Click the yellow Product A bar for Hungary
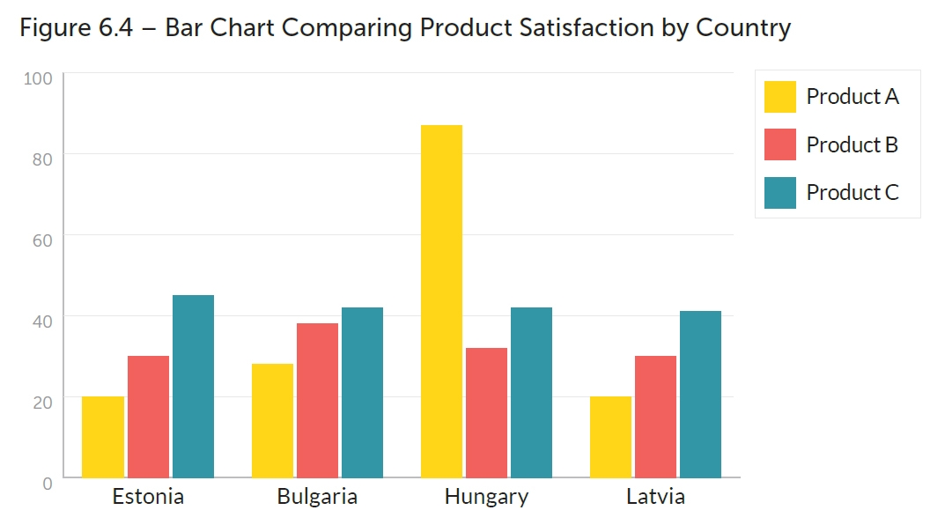[441, 301]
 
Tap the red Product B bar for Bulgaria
[317, 400]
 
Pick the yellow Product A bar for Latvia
[610, 437]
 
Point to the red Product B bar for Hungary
[486, 412]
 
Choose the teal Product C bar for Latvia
[700, 394]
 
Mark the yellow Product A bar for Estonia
[103, 437]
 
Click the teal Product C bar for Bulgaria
[362, 392]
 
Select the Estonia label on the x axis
[148, 497]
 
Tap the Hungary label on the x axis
[486, 497]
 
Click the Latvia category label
[655, 497]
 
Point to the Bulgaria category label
[317, 497]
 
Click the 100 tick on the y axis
[39, 78]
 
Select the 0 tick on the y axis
[48, 483]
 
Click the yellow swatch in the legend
[779, 97]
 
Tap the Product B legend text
[852, 145]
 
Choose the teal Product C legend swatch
[779, 193]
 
